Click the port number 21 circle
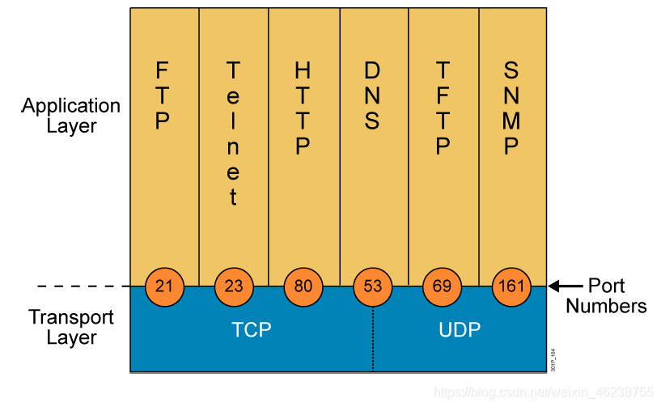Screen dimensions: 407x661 coord(164,286)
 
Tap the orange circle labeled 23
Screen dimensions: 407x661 coord(234,286)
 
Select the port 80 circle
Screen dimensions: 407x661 coord(303,286)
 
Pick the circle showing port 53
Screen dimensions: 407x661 coord(373,286)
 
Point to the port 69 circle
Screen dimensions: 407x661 coord(443,286)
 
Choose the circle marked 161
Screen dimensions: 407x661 coord(512,286)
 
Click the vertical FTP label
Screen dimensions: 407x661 coord(163,96)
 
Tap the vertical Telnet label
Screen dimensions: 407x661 coord(233,133)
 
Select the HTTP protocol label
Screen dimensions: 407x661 coord(303,108)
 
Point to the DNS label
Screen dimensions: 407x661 coord(372,96)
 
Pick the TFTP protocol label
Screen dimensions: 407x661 coord(443,108)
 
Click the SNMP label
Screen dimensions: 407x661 coord(511,108)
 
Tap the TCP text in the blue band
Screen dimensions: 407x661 coord(251,330)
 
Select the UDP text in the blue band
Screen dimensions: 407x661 coord(460,330)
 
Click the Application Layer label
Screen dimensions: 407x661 coord(71,116)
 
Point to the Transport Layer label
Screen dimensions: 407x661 coord(72,327)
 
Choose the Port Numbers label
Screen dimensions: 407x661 coord(606,296)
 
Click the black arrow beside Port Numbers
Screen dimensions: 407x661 coord(565,286)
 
